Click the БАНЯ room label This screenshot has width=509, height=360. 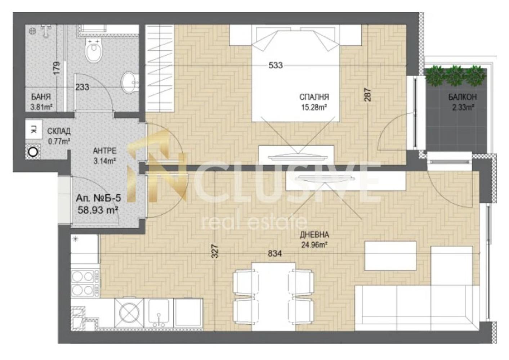point(41,97)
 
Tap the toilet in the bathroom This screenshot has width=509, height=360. point(93,50)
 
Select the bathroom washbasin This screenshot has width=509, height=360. point(130,82)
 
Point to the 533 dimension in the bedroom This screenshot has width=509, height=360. point(276,66)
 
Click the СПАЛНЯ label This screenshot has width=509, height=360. point(314,97)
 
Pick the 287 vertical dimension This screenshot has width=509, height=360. point(368,95)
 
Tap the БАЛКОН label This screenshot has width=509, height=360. point(463,97)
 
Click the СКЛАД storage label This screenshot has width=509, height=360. point(59,131)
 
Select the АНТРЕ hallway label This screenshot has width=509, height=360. point(105,150)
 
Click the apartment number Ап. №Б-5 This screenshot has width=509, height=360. point(98,198)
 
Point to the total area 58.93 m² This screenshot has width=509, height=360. point(98,210)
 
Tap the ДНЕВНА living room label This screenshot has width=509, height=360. point(314,235)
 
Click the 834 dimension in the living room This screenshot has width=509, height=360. point(275,253)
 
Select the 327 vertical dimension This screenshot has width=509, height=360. point(215,251)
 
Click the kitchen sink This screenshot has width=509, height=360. point(158,313)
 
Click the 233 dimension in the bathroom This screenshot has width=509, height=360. point(82,87)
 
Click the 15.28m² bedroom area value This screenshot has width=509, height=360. point(314,107)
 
